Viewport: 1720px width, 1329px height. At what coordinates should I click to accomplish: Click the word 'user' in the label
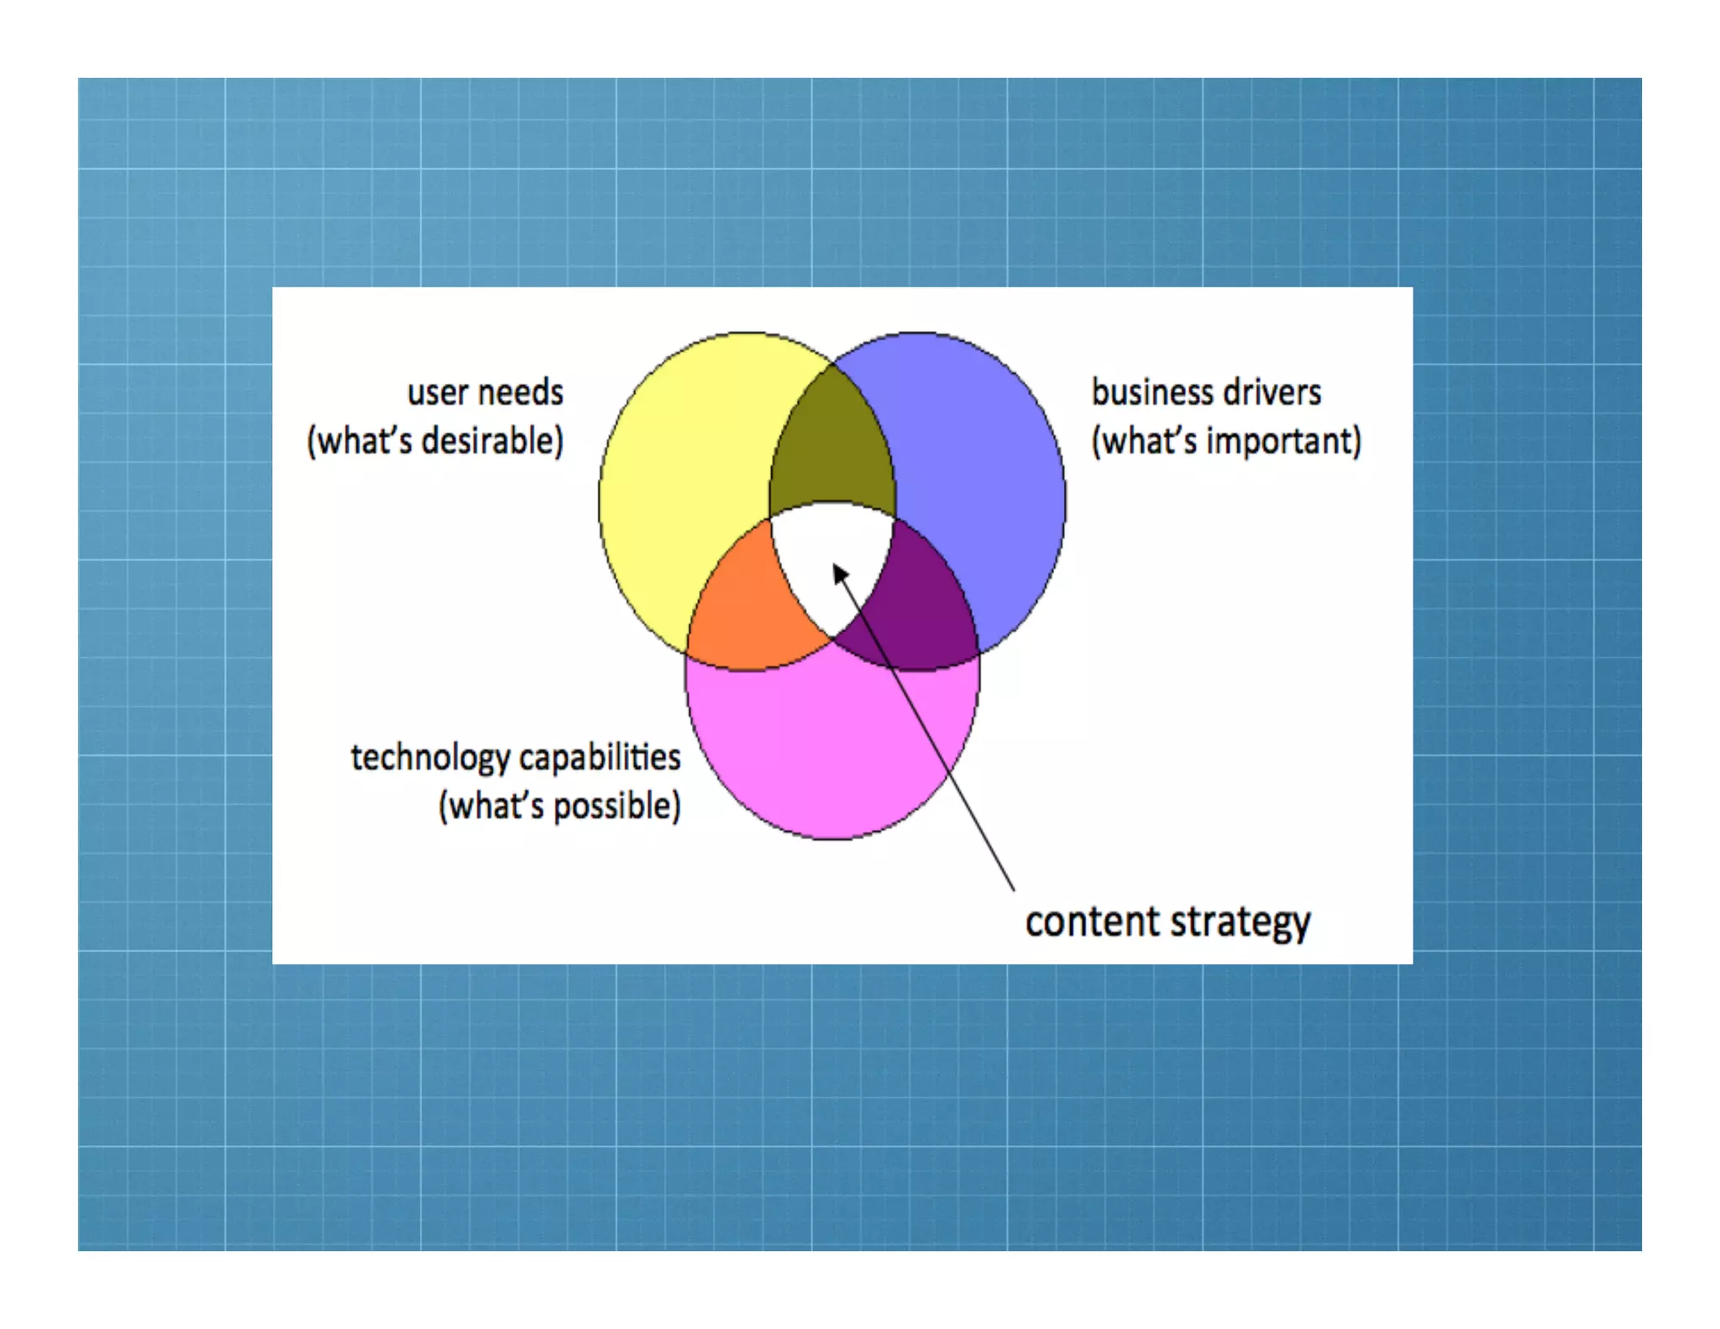[x=438, y=393]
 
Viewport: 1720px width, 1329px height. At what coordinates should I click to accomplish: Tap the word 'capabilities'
[x=599, y=758]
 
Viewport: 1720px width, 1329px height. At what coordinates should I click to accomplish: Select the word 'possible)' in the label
[x=617, y=806]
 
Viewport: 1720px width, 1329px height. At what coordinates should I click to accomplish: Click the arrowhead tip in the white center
[x=835, y=566]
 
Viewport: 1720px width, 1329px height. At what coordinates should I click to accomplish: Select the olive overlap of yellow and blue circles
[x=831, y=445]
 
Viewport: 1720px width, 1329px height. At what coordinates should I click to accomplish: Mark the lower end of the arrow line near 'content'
[x=1013, y=889]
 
